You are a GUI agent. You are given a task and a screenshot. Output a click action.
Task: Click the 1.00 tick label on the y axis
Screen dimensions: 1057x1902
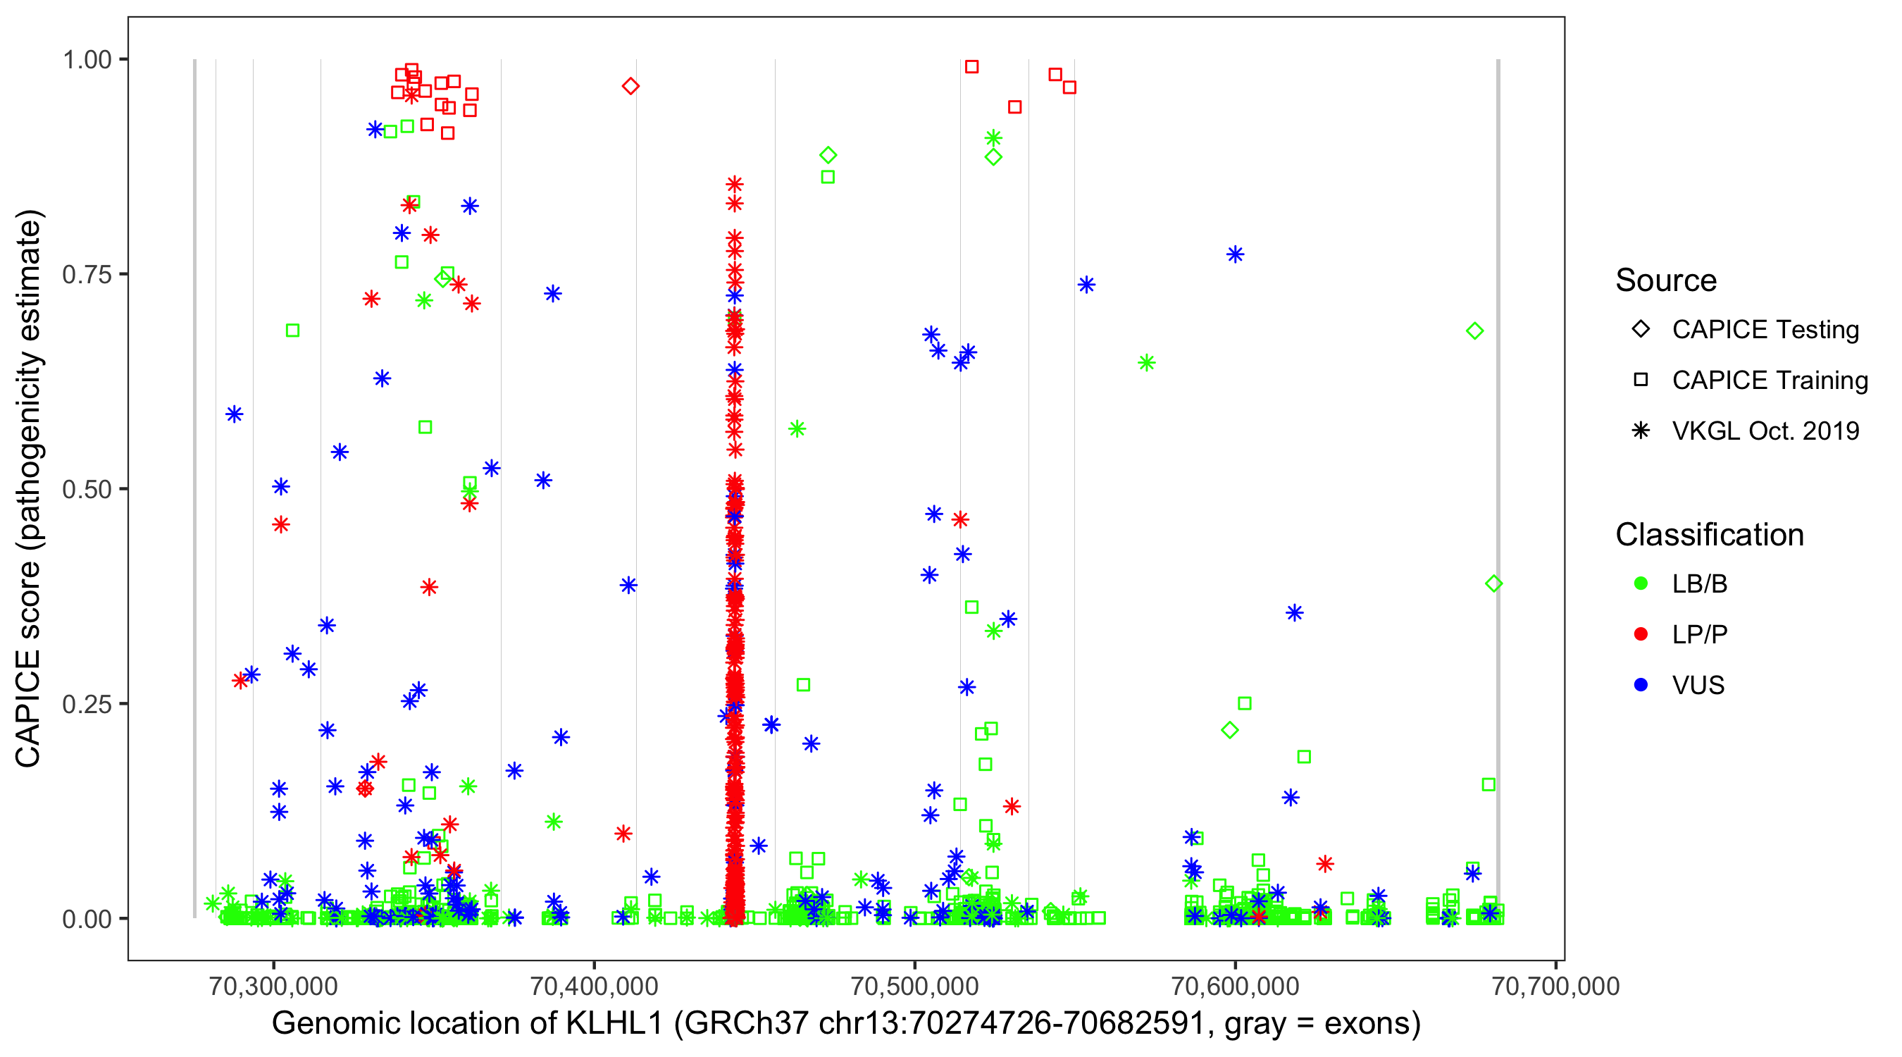click(x=86, y=60)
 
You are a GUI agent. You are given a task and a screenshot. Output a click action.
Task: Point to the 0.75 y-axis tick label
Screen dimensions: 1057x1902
click(x=86, y=275)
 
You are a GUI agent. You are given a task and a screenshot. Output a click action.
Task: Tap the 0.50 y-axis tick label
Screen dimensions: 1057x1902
click(x=86, y=489)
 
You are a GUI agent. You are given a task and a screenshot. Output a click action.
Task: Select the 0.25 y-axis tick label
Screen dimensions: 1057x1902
click(x=86, y=704)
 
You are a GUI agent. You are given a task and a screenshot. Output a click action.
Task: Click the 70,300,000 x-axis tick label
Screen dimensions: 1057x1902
click(x=273, y=985)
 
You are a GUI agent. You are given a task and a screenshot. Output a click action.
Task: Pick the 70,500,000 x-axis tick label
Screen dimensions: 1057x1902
click(x=914, y=985)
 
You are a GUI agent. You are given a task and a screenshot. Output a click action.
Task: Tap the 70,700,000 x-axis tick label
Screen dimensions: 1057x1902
click(x=1555, y=985)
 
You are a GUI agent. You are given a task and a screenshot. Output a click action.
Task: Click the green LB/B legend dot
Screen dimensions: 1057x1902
click(x=1641, y=583)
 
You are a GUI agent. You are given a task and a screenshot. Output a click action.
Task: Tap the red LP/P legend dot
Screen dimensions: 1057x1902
click(x=1641, y=634)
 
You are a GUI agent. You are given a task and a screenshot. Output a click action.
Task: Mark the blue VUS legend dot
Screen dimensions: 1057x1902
click(x=1641, y=685)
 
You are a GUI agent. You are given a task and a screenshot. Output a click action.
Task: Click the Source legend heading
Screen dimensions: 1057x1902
click(x=1666, y=280)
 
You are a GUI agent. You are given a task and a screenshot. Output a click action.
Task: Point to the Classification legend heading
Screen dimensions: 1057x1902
click(x=1709, y=535)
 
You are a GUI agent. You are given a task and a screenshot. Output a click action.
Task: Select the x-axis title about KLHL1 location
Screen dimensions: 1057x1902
click(x=846, y=1024)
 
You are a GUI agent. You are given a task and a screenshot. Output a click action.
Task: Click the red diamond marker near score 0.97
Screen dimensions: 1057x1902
click(x=630, y=87)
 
